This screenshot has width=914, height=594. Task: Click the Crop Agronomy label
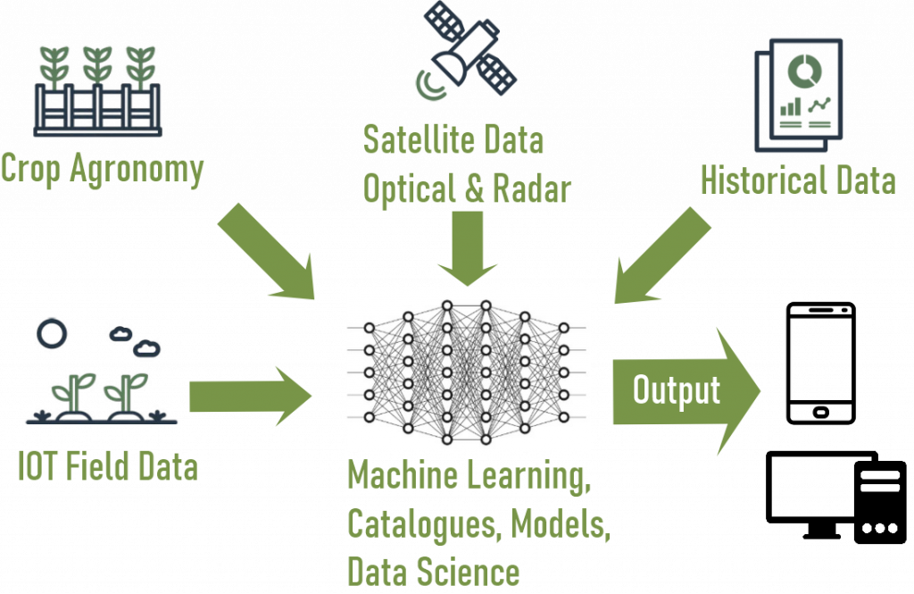tap(103, 168)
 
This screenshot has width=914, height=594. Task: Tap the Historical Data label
tap(797, 180)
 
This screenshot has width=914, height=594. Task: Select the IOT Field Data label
tap(108, 466)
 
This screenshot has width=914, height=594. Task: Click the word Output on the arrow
tap(676, 389)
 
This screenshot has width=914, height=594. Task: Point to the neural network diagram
tap(469, 370)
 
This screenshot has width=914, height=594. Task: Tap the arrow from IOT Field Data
tap(251, 394)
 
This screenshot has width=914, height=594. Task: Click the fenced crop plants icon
tap(98, 89)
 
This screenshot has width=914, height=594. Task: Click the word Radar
tap(532, 188)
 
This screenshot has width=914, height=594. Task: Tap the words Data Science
tap(433, 570)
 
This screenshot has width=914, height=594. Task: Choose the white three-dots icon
tap(879, 529)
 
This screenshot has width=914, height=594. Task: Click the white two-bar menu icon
tap(879, 482)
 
